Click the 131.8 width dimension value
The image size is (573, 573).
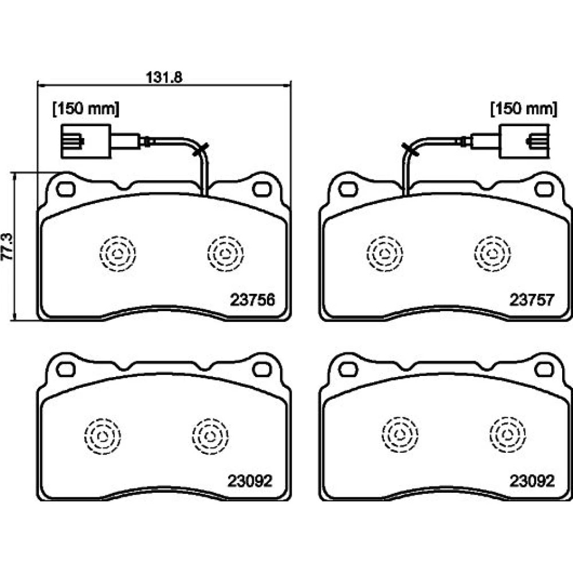tap(164, 77)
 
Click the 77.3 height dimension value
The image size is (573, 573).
tap(7, 246)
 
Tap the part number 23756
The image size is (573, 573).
tap(252, 300)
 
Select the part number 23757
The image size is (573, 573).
tap(532, 300)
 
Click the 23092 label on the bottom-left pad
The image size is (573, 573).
tap(250, 481)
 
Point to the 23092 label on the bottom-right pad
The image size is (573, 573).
tap(532, 481)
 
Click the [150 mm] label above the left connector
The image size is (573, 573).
tap(87, 108)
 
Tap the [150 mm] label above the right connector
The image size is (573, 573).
tap(524, 108)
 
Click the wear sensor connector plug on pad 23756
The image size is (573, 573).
tap(86, 142)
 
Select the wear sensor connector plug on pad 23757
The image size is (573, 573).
tap(524, 142)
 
